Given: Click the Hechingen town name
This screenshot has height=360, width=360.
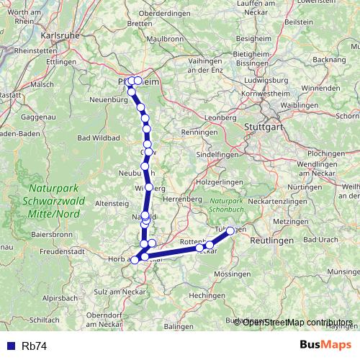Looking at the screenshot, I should pos(209,295).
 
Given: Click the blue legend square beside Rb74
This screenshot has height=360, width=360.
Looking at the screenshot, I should pos(9,346).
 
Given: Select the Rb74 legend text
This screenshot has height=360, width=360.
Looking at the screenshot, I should pos(35,346).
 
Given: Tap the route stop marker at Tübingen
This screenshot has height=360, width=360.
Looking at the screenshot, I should pos(230,231).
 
